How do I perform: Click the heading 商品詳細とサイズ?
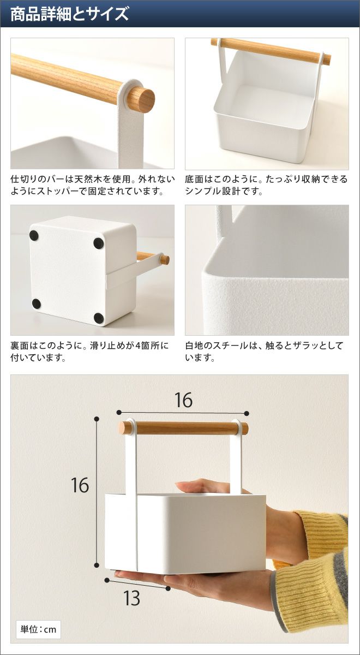(x=69, y=14)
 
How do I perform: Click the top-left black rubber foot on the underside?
(x=34, y=235)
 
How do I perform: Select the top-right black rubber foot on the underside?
(x=98, y=243)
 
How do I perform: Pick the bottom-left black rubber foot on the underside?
(x=36, y=303)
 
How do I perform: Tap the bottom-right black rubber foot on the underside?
(x=99, y=318)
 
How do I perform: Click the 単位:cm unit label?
(x=38, y=629)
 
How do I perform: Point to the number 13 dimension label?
(x=132, y=598)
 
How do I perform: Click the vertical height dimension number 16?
(x=80, y=485)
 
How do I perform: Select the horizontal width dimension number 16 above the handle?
(x=183, y=400)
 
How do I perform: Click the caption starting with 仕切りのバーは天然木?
(x=93, y=185)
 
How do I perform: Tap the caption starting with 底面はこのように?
(x=266, y=185)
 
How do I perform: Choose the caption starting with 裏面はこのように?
(x=89, y=351)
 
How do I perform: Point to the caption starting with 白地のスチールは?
(x=264, y=351)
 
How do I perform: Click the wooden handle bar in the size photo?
(x=184, y=428)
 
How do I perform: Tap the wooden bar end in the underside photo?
(x=165, y=259)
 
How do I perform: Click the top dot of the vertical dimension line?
(x=97, y=419)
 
